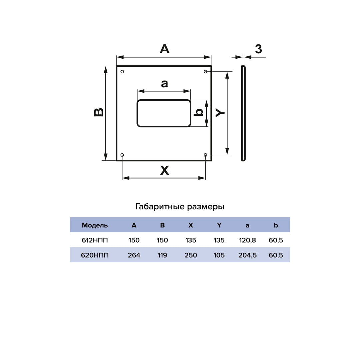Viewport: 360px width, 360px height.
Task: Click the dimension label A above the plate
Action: pyautogui.click(x=164, y=49)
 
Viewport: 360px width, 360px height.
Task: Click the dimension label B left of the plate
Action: pyautogui.click(x=99, y=112)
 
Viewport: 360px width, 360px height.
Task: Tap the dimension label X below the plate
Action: pyautogui.click(x=164, y=171)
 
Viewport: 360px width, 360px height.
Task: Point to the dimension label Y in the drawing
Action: pyautogui.click(x=220, y=113)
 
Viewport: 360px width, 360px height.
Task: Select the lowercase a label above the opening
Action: pyautogui.click(x=164, y=83)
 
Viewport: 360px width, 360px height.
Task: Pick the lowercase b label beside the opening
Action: pyautogui.click(x=199, y=112)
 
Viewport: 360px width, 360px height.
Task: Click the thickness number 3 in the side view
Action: pyautogui.click(x=258, y=49)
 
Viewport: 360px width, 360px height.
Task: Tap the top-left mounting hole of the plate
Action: pyautogui.click(x=122, y=72)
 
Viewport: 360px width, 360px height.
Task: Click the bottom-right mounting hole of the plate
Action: pyautogui.click(x=205, y=155)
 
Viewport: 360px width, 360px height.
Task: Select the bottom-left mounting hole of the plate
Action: pyautogui.click(x=122, y=155)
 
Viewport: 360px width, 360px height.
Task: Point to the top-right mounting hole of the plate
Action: pyautogui.click(x=205, y=72)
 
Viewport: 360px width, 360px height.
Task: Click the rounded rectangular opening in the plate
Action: pyautogui.click(x=164, y=113)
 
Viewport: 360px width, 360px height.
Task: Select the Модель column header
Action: pyautogui.click(x=95, y=225)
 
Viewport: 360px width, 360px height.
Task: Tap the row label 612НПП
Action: pyautogui.click(x=95, y=240)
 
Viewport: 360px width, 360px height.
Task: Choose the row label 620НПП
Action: pyautogui.click(x=95, y=255)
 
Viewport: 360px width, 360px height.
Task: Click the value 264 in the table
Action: pyautogui.click(x=134, y=255)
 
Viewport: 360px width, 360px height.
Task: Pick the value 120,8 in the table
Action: pyautogui.click(x=247, y=240)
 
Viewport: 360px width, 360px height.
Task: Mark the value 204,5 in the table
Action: pyautogui.click(x=247, y=255)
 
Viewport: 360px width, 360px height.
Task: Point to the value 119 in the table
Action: pyautogui.click(x=162, y=255)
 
